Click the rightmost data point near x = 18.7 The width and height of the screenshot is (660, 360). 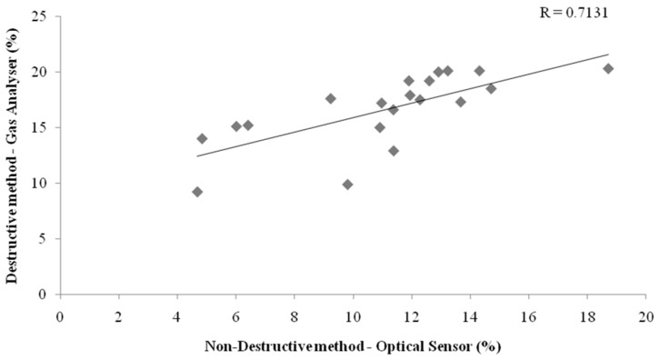click(608, 68)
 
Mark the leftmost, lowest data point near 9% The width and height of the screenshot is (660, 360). click(197, 192)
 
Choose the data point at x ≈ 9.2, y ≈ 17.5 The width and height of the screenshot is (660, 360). click(331, 98)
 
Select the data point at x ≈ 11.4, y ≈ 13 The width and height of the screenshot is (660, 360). click(394, 151)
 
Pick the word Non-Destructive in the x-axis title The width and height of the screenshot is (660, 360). click(254, 345)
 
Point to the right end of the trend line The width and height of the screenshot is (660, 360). click(608, 54)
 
